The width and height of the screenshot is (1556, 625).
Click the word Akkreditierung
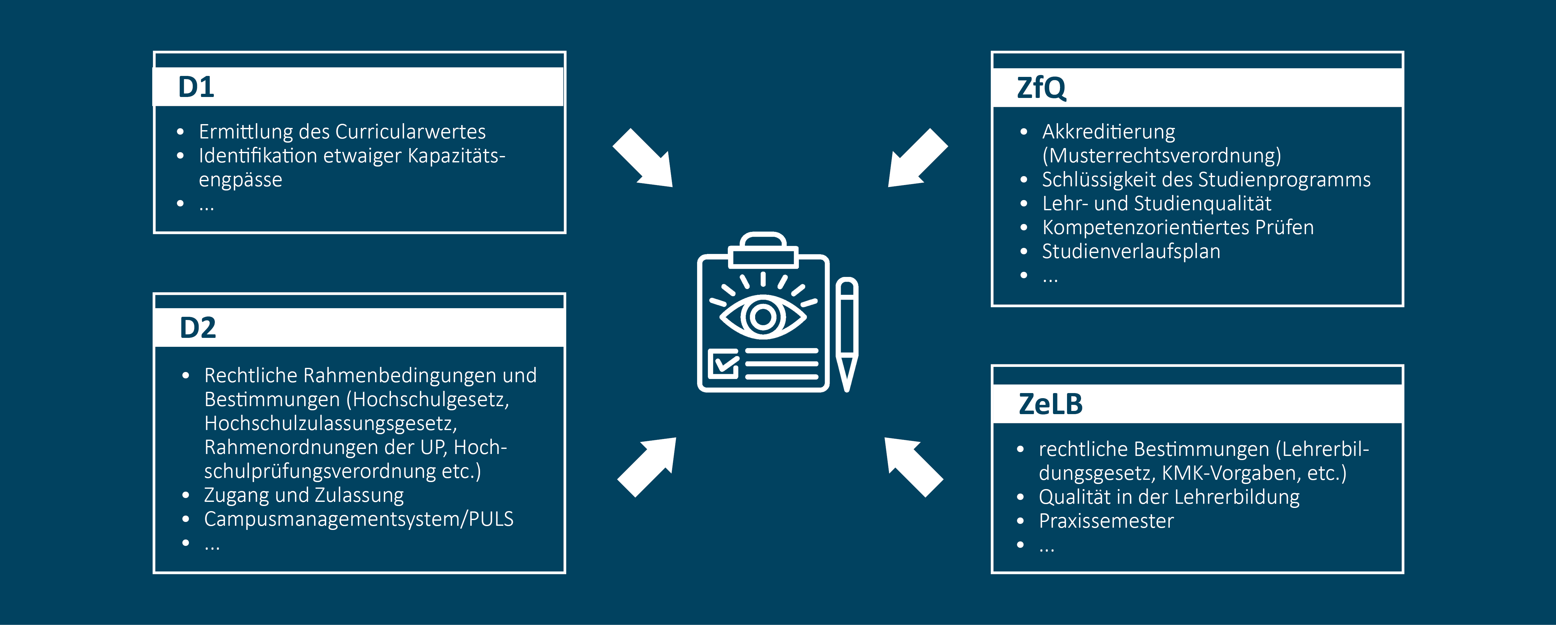(x=1109, y=132)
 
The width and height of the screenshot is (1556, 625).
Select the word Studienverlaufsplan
(x=1131, y=251)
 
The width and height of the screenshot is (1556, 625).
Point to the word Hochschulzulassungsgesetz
(x=330, y=423)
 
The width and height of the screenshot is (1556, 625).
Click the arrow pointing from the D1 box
(x=643, y=158)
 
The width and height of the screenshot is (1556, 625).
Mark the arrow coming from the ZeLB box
(x=913, y=467)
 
